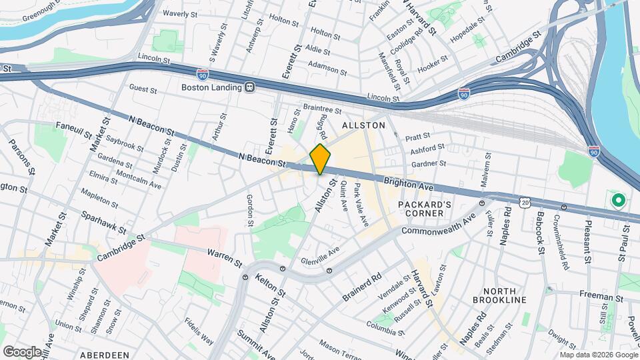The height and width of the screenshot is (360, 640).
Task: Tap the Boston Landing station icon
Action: pos(249,87)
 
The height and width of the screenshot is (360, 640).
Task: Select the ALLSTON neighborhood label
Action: pos(363,125)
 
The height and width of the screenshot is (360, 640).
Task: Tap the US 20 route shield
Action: pos(525,201)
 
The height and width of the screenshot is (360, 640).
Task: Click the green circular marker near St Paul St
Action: pos(617,199)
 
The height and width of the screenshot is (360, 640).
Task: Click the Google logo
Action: pos(21,351)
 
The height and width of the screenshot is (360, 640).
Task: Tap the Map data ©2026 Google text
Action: pos(599,355)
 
